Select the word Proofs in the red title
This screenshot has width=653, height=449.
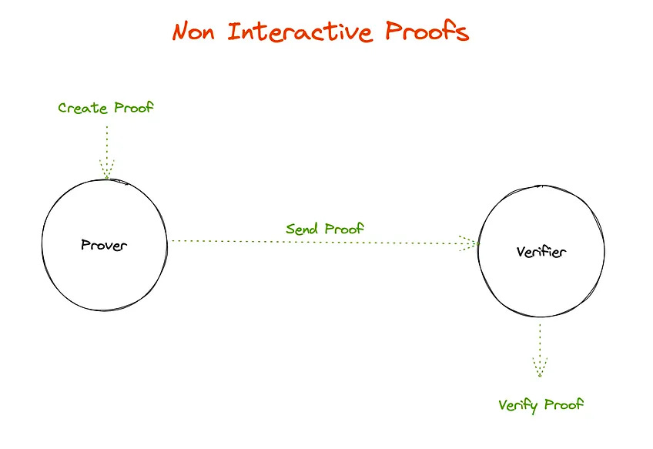pyautogui.click(x=431, y=32)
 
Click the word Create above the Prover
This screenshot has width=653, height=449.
pyautogui.click(x=82, y=108)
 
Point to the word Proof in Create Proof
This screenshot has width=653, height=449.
pyautogui.click(x=133, y=108)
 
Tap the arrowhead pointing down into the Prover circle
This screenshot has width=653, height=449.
pyautogui.click(x=106, y=169)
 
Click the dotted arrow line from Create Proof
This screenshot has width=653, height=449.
pyautogui.click(x=106, y=142)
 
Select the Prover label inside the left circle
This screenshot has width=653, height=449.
pyautogui.click(x=103, y=246)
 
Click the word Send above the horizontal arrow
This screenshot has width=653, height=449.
pyautogui.click(x=303, y=229)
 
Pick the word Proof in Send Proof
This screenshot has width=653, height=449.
pyautogui.click(x=344, y=229)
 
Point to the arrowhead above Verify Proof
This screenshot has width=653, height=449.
pyautogui.click(x=540, y=367)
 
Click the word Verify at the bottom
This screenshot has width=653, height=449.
pyautogui.click(x=518, y=405)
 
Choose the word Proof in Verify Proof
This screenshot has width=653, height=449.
pyautogui.click(x=564, y=404)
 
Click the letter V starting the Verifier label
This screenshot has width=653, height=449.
pyautogui.click(x=519, y=253)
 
